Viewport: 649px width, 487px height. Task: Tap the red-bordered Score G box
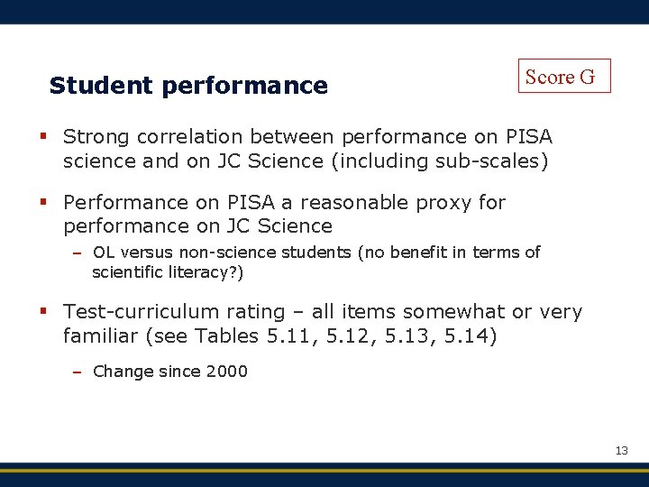564,77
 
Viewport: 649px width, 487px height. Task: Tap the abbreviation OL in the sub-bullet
104,253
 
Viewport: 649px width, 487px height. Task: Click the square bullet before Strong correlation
43,137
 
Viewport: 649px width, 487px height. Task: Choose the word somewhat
454,312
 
